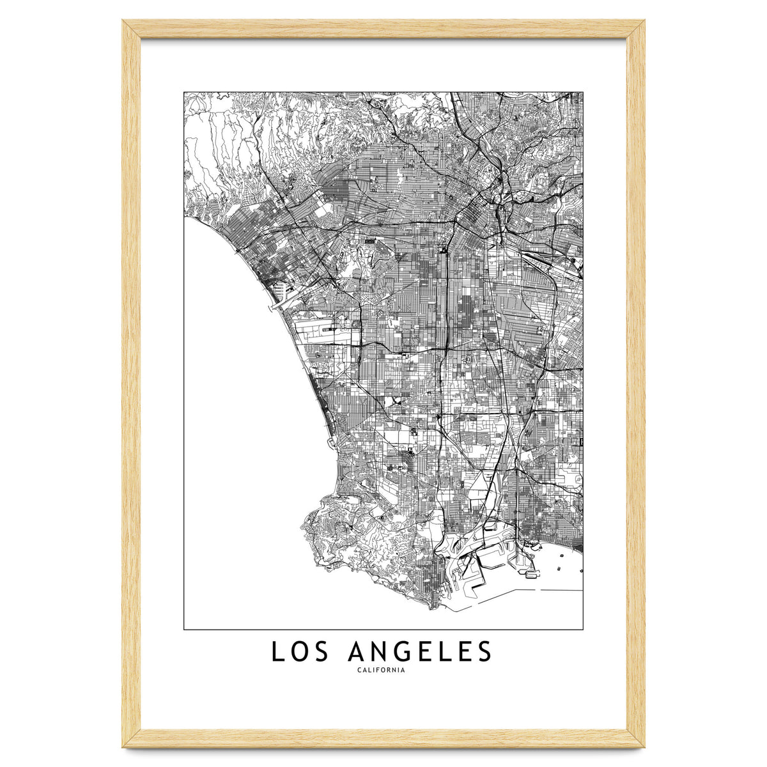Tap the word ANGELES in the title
(421, 652)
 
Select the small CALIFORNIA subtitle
(383, 670)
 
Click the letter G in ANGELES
(408, 652)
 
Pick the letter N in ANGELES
(383, 652)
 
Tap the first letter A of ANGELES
(359, 652)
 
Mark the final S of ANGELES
(484, 652)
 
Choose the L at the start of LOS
(277, 652)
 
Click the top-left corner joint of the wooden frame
(131, 29)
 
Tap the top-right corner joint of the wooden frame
(635, 29)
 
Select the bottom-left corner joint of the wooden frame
(131, 738)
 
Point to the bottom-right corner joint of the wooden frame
(635, 738)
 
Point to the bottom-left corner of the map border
(184, 630)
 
